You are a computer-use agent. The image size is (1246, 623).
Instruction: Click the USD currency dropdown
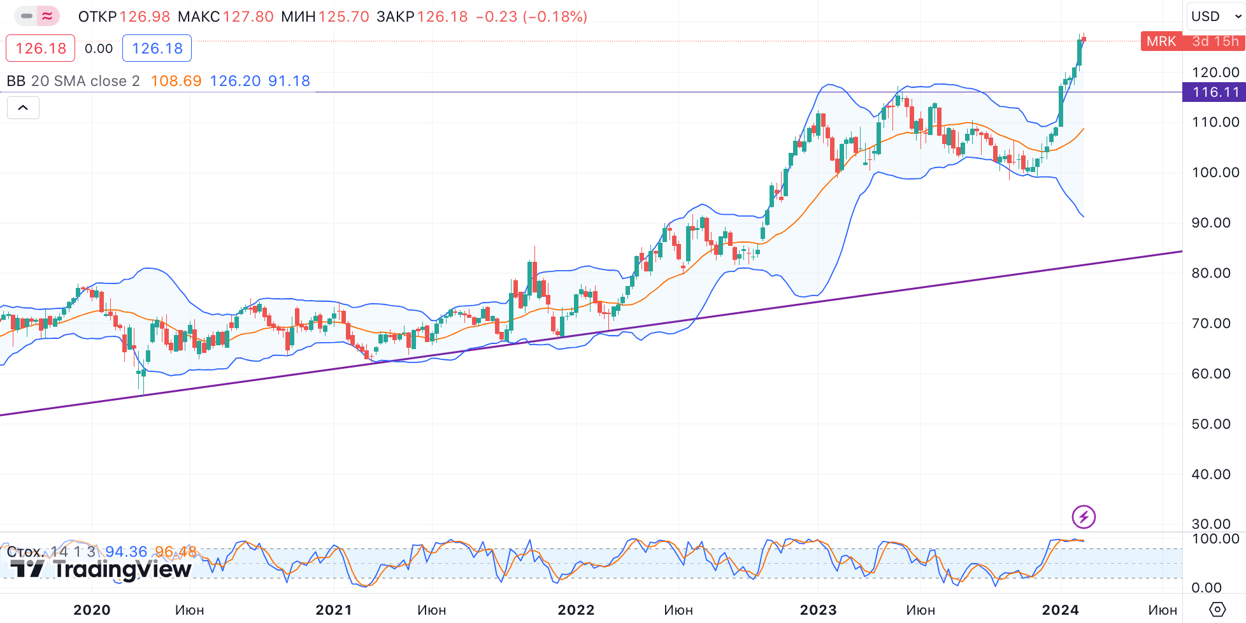click(x=1216, y=17)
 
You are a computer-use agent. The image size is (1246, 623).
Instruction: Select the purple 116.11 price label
click(x=1215, y=92)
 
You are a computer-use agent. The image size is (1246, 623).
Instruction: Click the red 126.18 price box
click(x=41, y=48)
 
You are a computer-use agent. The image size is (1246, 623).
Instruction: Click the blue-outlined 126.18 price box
click(x=157, y=48)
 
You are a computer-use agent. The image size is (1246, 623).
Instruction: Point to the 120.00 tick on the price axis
click(x=1215, y=72)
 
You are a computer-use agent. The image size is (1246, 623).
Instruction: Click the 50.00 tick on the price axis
click(x=1210, y=424)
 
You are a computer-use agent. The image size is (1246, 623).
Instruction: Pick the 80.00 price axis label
click(x=1210, y=273)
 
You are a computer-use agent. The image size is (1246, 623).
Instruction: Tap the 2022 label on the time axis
click(x=576, y=610)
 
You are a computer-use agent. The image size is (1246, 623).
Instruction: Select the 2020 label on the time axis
click(x=92, y=610)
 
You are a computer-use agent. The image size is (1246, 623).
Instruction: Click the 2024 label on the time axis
click(x=1060, y=610)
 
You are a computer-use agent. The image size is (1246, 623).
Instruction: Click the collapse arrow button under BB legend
click(x=23, y=108)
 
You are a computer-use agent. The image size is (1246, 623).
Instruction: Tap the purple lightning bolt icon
click(x=1084, y=517)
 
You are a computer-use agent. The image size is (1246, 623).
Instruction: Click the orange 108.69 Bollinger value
click(x=176, y=81)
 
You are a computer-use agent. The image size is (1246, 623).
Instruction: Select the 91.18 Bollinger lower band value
click(x=289, y=81)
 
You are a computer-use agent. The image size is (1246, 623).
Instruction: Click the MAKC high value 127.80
click(x=248, y=17)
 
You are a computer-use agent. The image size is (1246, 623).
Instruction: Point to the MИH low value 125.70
click(x=343, y=17)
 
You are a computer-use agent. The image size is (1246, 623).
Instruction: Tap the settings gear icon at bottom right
click(x=1217, y=610)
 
